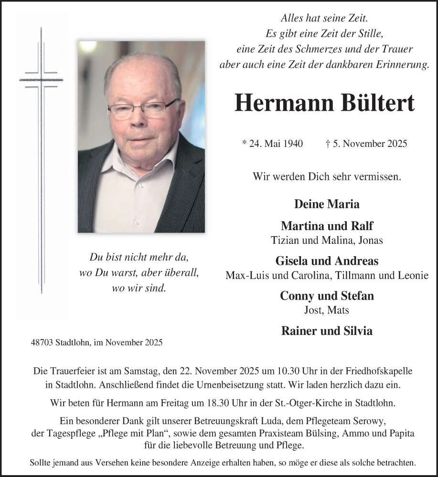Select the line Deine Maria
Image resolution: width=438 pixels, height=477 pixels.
327,204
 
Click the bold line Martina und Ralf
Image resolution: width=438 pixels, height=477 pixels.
327,226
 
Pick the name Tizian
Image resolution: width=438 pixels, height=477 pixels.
284,240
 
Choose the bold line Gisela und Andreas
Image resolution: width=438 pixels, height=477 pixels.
327,261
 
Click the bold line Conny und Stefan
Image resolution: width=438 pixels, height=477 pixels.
327,296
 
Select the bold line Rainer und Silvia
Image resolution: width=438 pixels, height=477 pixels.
327,331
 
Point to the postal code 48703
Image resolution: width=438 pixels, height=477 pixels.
42,342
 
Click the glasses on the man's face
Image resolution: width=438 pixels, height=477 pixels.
143,109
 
